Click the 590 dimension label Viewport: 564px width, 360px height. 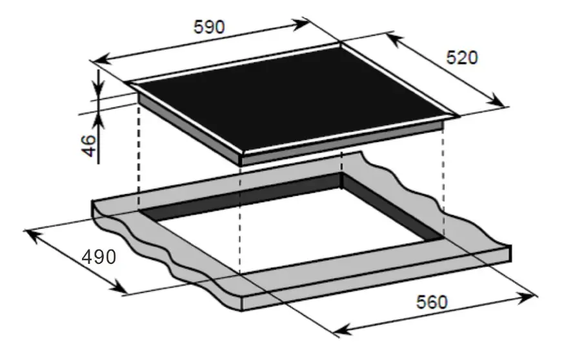coord(209,26)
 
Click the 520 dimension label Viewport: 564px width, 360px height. coord(462,58)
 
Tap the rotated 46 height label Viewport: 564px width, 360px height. coord(90,145)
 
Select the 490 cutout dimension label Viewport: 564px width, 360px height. coord(99,257)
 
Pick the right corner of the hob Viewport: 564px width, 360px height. coord(457,116)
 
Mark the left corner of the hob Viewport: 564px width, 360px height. coord(129,84)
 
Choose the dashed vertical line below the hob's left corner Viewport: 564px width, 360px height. coord(139,155)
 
